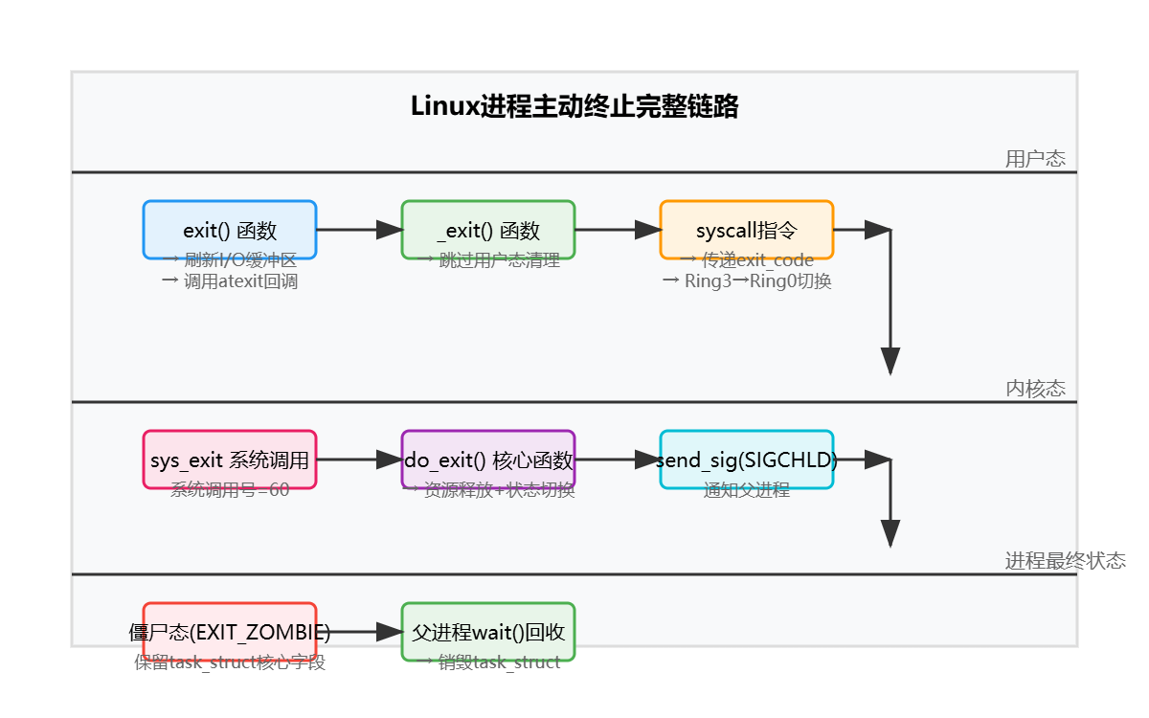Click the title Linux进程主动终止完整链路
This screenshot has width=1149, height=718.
(574, 106)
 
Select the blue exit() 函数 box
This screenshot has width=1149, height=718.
(230, 230)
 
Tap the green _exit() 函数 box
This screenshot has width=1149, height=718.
(488, 230)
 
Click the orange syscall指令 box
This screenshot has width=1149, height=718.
(747, 230)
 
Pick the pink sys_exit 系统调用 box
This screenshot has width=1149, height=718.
(230, 460)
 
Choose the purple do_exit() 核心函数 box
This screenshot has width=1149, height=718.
(488, 460)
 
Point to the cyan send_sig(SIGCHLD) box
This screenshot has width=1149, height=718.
(747, 460)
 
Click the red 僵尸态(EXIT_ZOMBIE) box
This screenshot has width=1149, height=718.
(230, 632)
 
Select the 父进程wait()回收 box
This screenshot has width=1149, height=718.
(488, 632)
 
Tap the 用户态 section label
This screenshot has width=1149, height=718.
(1035, 159)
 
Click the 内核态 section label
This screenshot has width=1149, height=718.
(1035, 389)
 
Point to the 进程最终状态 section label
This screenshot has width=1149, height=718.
(1065, 561)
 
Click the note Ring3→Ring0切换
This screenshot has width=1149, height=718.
(747, 281)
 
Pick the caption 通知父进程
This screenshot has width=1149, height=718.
(747, 490)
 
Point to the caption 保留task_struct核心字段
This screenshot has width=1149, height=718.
(230, 662)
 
